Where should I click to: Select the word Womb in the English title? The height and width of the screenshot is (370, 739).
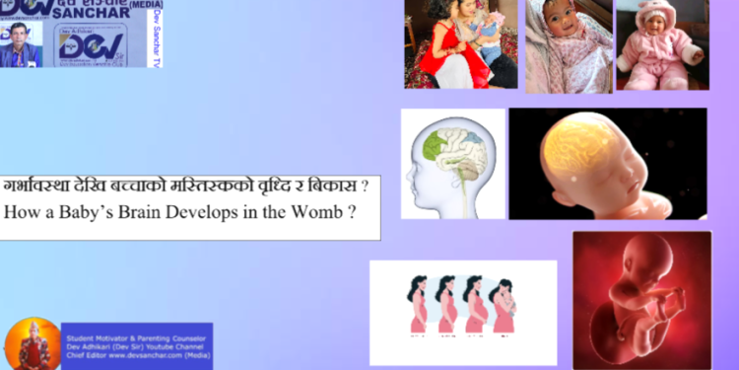tap(321, 212)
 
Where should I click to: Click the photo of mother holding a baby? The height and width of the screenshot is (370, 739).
tap(459, 44)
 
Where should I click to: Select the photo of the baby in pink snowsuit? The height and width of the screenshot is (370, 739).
tap(661, 45)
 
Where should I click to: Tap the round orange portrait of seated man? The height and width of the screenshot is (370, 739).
tap(32, 344)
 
